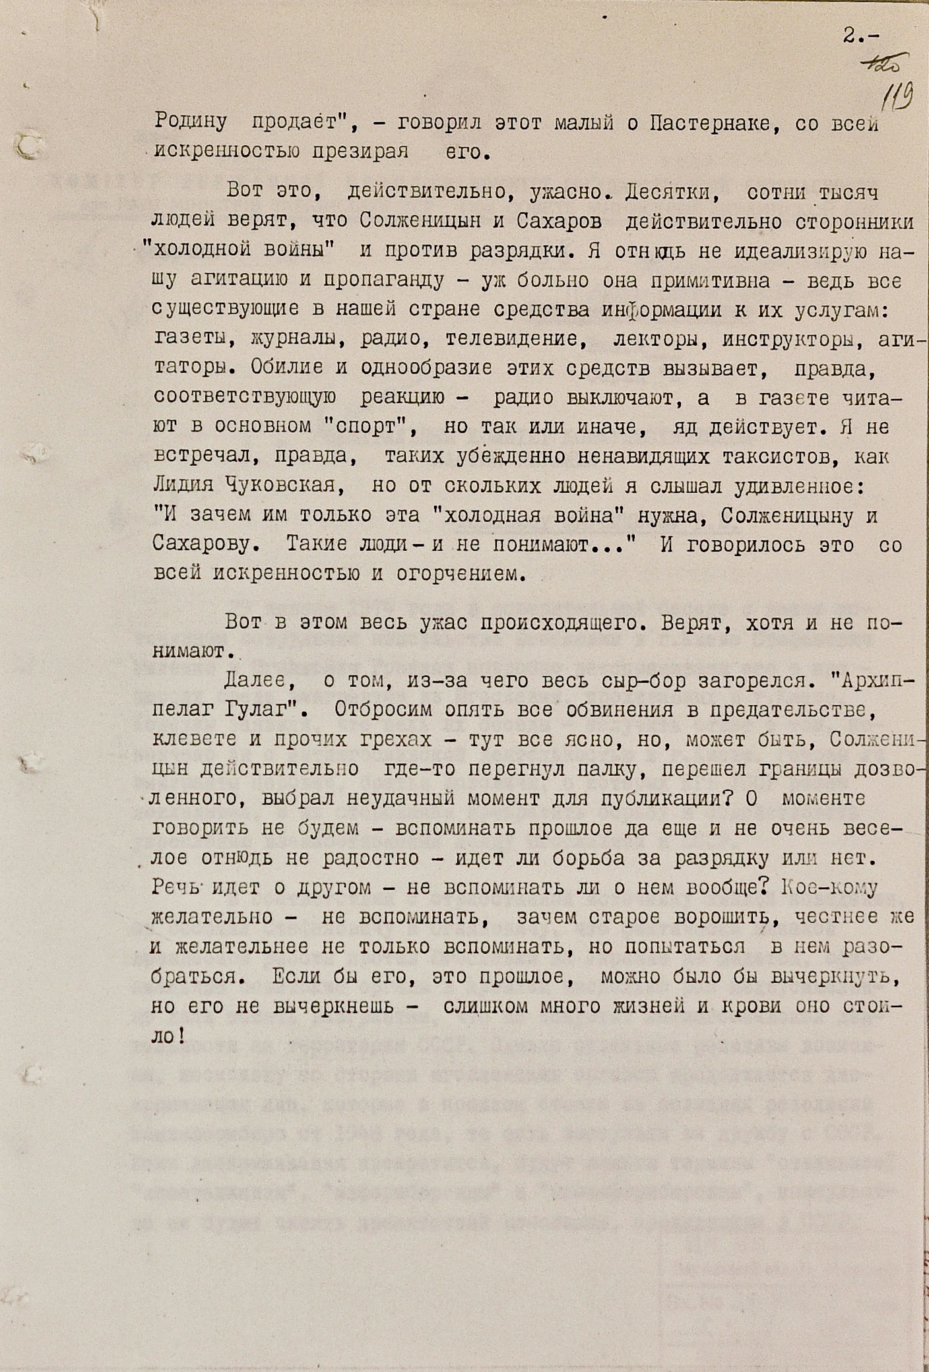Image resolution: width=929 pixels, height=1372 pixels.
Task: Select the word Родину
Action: point(191,122)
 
